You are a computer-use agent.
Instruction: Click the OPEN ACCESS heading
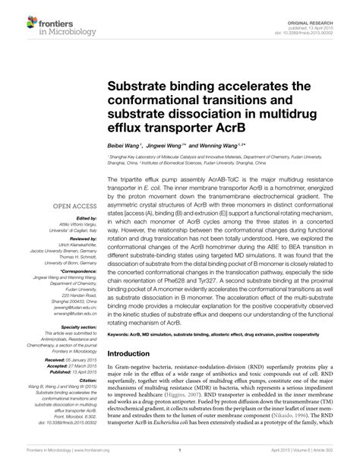[74, 205]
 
